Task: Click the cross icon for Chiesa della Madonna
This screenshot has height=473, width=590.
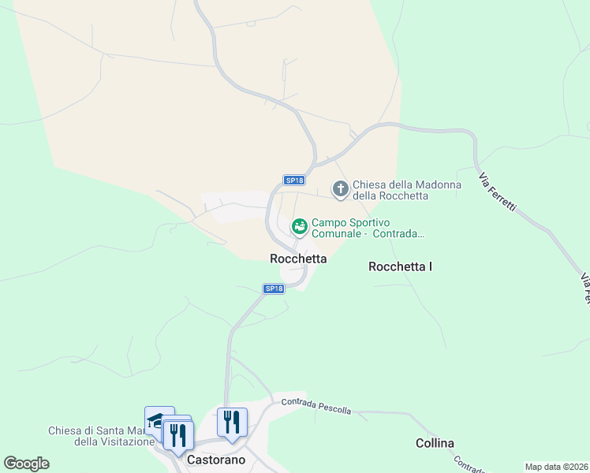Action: (x=341, y=188)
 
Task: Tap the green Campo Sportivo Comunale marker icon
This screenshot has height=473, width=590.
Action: (x=299, y=227)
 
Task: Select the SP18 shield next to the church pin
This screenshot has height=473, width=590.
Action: (x=293, y=181)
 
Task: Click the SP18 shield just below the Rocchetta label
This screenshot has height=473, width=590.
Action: (x=273, y=289)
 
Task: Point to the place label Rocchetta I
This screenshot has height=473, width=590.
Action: (x=400, y=267)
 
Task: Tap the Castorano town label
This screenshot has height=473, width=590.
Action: (x=216, y=460)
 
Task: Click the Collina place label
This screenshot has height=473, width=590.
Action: (x=435, y=443)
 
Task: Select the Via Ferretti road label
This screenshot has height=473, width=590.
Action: (x=498, y=190)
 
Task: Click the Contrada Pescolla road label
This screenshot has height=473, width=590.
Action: (x=316, y=406)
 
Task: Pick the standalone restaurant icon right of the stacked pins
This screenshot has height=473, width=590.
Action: (x=232, y=421)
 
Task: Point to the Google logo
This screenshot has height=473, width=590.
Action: (x=26, y=464)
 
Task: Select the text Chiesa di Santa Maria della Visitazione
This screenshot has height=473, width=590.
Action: (x=100, y=436)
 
